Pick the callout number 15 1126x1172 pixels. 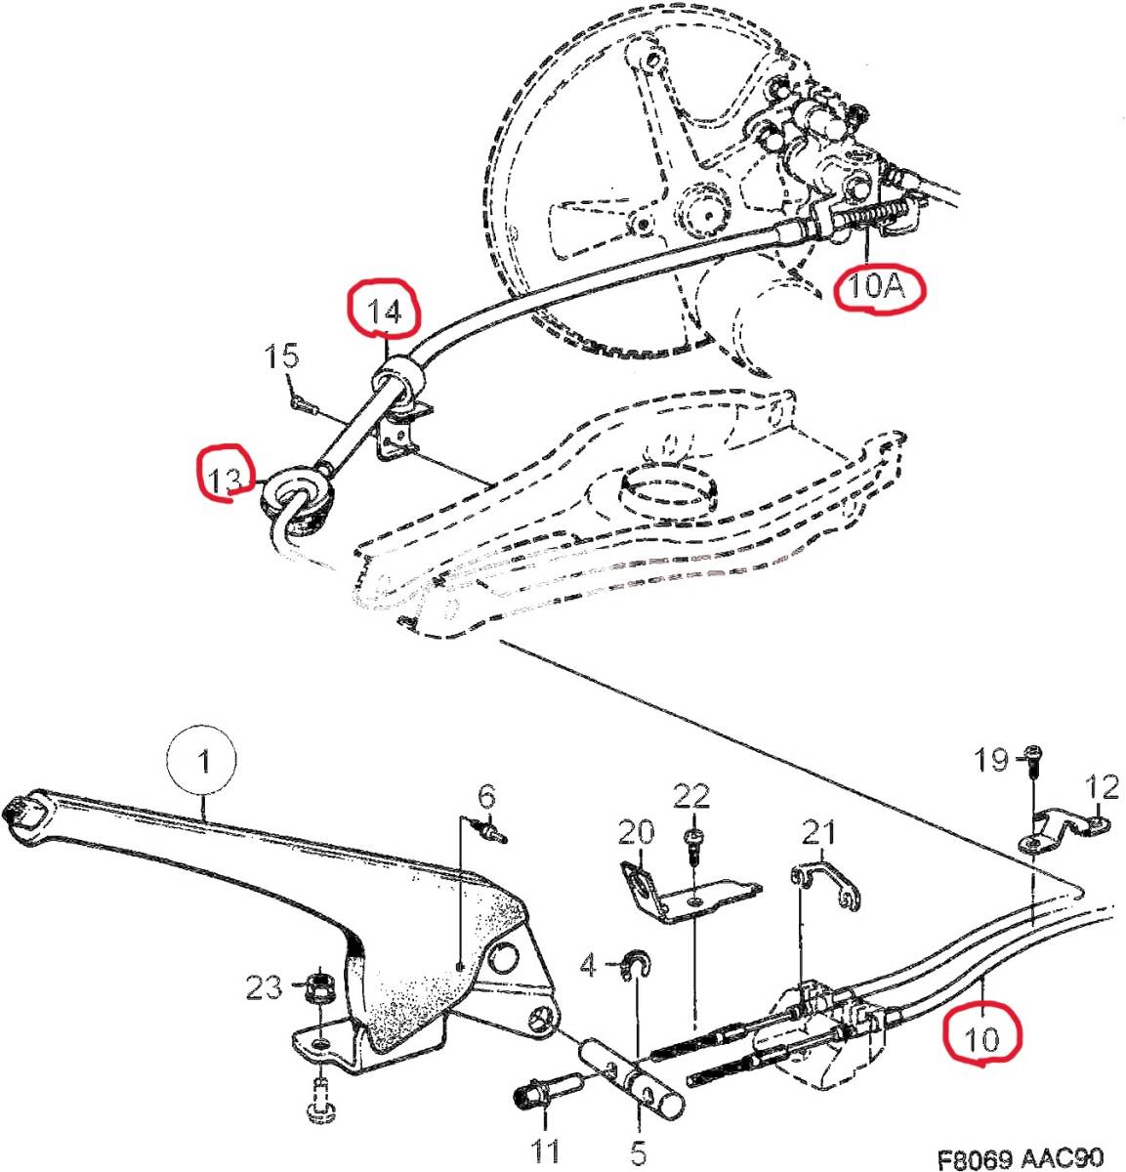click(x=282, y=355)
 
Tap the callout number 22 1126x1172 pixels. click(x=691, y=796)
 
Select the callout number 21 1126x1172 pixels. click(x=818, y=832)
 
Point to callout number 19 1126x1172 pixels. click(x=990, y=760)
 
